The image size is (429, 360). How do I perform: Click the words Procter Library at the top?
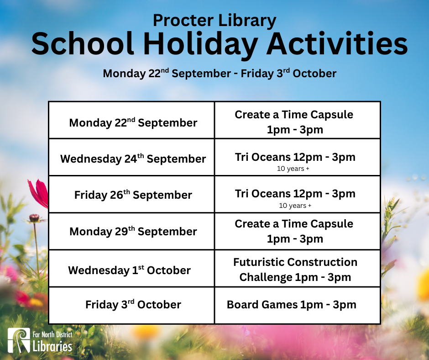214,21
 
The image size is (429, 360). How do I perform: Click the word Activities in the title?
337,43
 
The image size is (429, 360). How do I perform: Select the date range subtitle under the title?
220,74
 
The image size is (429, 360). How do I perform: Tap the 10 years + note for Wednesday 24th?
293,169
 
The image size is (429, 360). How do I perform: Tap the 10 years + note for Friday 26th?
295,206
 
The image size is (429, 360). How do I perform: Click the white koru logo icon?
19,340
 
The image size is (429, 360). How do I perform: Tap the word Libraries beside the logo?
52,346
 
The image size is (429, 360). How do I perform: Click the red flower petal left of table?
39,193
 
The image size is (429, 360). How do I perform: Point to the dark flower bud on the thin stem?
34,218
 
